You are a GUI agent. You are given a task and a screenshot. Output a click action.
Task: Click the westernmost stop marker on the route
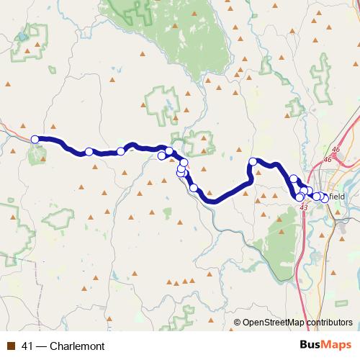tap(35, 140)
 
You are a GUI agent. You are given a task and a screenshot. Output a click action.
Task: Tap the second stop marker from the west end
tap(89, 152)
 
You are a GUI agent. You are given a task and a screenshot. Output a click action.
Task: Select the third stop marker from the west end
tap(121, 152)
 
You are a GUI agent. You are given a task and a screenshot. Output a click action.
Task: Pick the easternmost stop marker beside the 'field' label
tap(325, 198)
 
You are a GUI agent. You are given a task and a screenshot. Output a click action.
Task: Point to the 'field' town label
tap(338, 197)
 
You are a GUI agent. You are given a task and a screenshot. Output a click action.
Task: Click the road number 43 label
tap(303, 207)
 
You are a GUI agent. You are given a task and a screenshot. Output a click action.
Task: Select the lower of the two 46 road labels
tap(328, 159)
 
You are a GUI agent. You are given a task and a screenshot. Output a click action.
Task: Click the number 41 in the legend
tap(27, 346)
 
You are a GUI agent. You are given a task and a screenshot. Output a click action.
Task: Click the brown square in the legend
tap(10, 346)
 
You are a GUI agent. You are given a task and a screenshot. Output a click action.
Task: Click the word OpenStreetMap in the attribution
tap(274, 322)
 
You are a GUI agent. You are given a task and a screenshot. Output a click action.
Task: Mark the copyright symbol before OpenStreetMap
tap(238, 322)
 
